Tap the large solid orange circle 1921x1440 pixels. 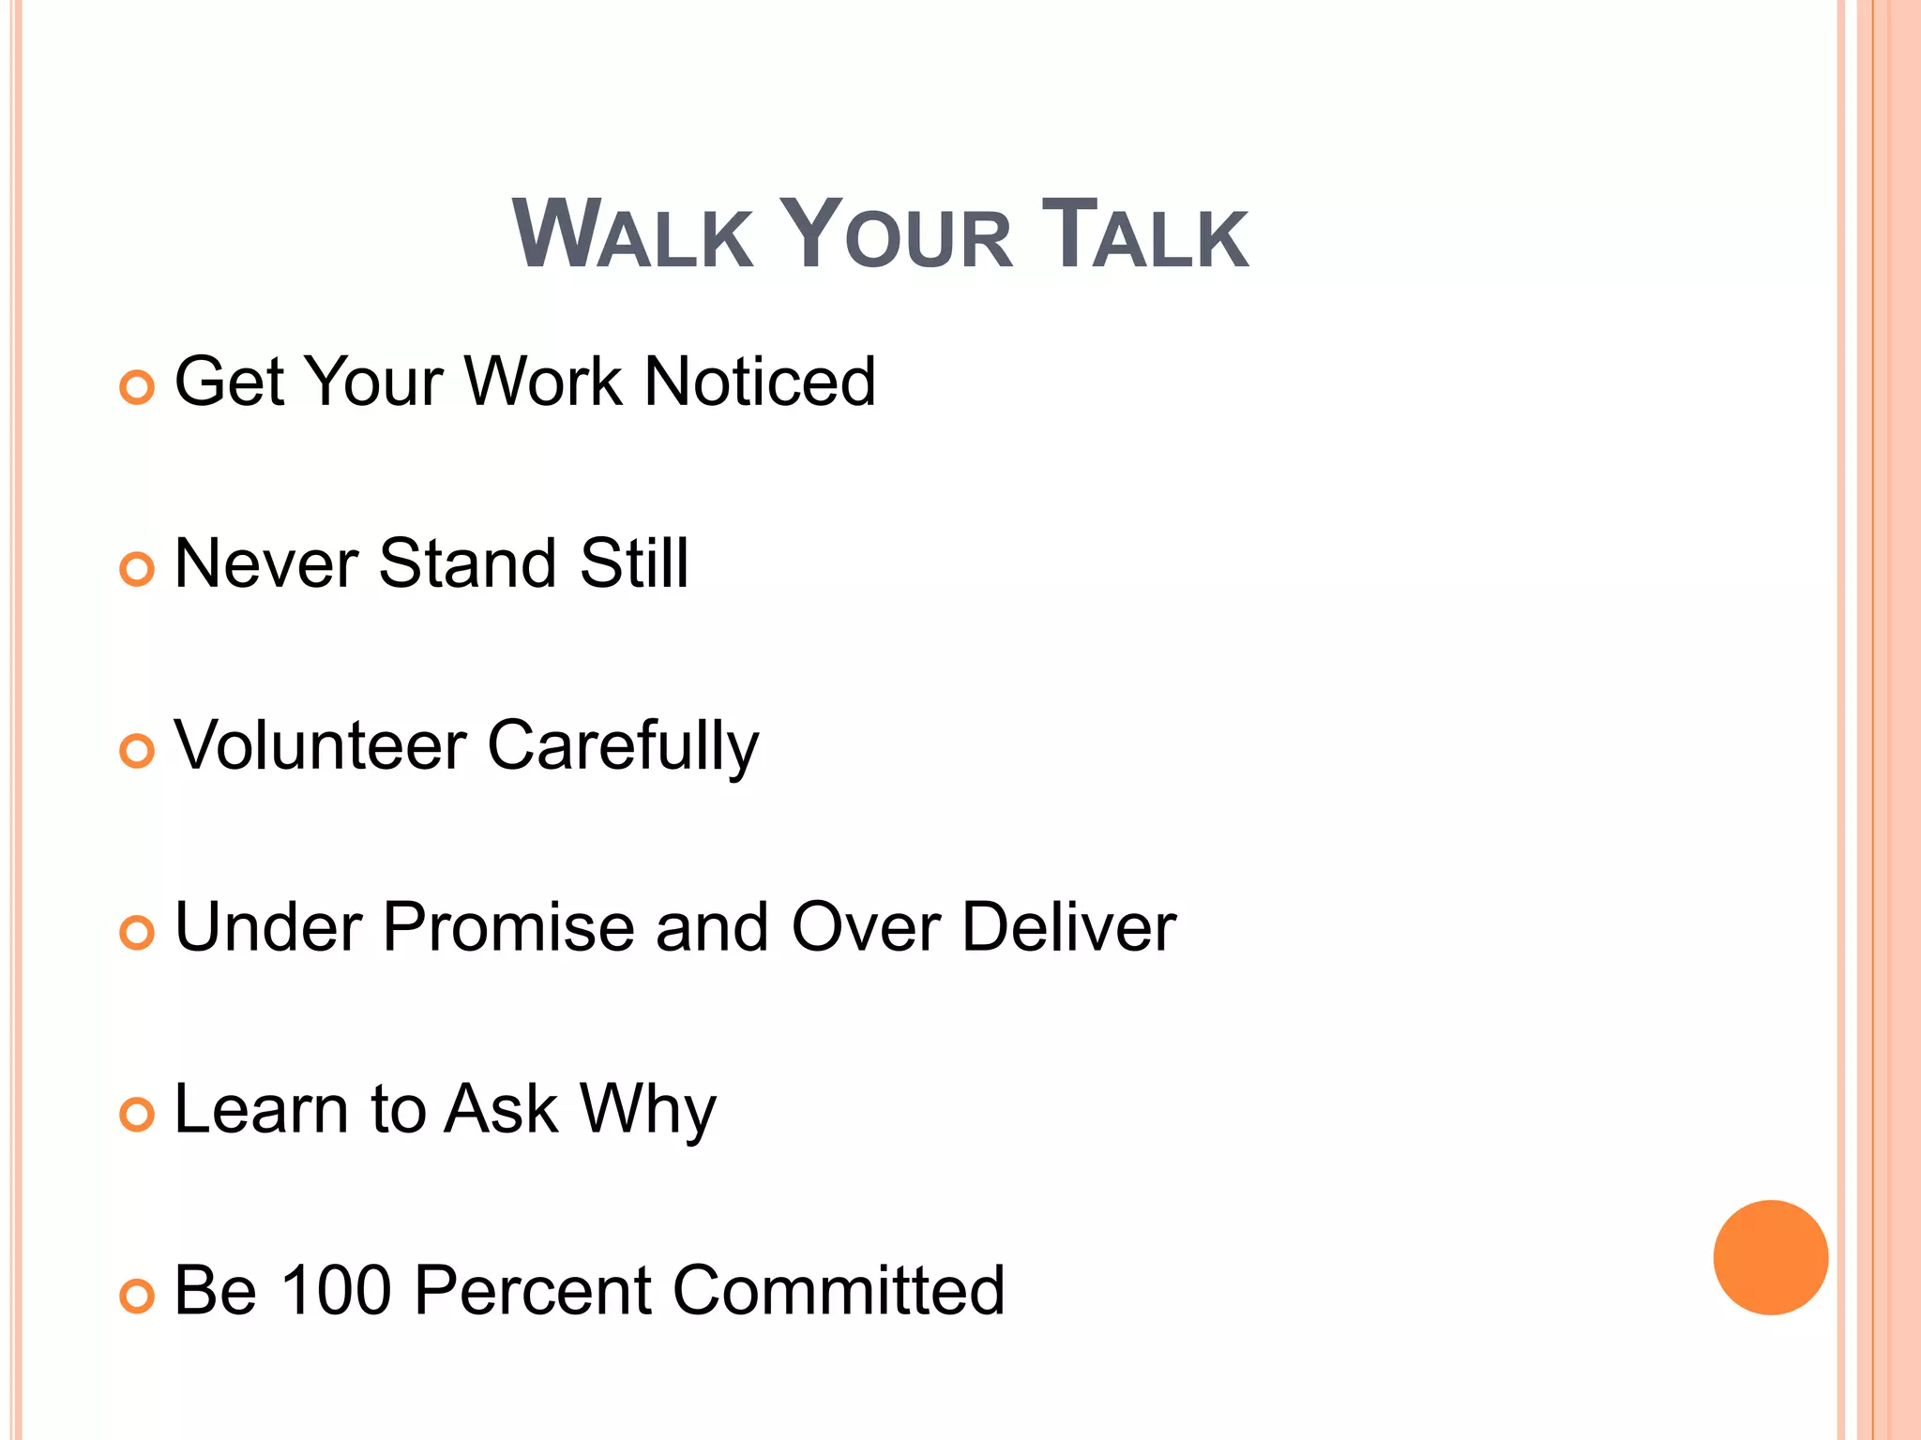coord(1770,1257)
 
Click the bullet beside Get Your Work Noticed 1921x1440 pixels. coord(137,387)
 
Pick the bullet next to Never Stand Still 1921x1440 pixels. coord(137,569)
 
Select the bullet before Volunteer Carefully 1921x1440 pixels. coord(137,751)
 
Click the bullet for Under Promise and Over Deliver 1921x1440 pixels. coord(137,933)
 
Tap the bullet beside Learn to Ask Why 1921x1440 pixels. coord(137,1115)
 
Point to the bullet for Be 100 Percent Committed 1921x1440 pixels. coord(137,1297)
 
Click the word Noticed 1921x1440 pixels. coord(760,382)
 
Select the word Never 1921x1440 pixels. coord(266,563)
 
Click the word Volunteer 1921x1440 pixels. coord(321,745)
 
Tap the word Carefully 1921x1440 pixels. coord(623,747)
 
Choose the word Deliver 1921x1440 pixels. coord(1068,927)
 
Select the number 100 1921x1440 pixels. coord(336,1291)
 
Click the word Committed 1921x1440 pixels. coord(839,1291)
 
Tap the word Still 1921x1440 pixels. coord(634,563)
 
